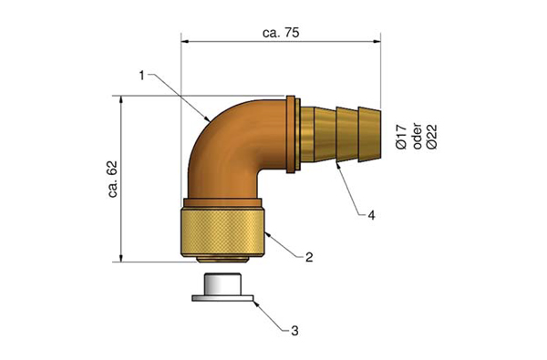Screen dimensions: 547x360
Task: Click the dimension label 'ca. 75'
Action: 281,33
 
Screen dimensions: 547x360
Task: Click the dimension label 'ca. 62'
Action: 113,180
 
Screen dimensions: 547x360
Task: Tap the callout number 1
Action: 141,76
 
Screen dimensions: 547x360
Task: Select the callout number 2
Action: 309,257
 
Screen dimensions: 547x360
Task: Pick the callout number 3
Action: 294,330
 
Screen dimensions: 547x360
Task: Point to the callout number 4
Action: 372,215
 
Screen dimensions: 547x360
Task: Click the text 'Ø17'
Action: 401,137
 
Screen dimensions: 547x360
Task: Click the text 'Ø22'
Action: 432,137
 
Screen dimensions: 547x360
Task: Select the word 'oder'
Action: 417,137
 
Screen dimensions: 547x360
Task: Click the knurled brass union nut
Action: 222,232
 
